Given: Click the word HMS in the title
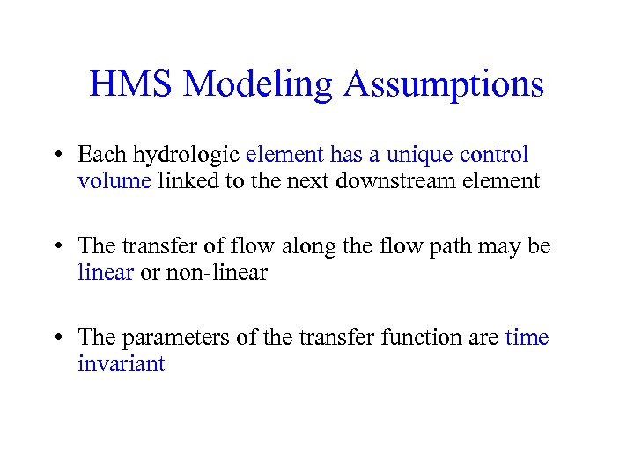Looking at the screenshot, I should pyautogui.click(x=132, y=85).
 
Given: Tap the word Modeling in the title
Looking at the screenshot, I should pyautogui.click(x=259, y=85).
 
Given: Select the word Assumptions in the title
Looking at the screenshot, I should pyautogui.click(x=444, y=85).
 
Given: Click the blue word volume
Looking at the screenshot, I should pyautogui.click(x=114, y=181).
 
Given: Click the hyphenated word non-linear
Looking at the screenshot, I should pyautogui.click(x=225, y=273).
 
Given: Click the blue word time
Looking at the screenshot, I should pyautogui.click(x=527, y=338).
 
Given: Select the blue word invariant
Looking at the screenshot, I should pyautogui.click(x=121, y=363).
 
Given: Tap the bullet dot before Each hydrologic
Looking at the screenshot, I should pyautogui.click(x=55, y=157).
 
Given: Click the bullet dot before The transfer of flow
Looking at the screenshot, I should pyautogui.click(x=55, y=247).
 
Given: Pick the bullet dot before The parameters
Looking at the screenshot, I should pyautogui.click(x=55, y=339).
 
